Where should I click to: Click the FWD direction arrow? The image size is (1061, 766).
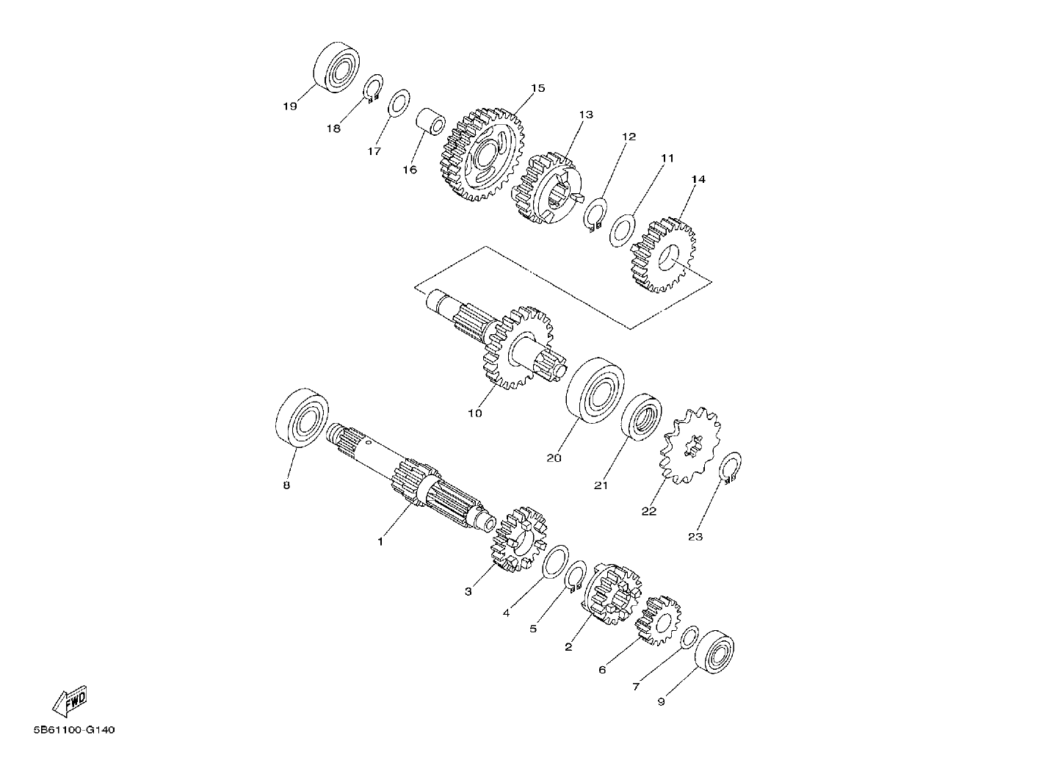pos(70,701)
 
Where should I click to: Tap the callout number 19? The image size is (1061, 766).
pos(290,106)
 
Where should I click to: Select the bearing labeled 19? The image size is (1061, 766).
pos(336,68)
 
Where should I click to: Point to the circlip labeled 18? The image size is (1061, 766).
pos(373,87)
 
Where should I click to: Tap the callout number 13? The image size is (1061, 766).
pos(585,115)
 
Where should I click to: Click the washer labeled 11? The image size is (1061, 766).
pos(622,231)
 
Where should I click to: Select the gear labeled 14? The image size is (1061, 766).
pos(664,255)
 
